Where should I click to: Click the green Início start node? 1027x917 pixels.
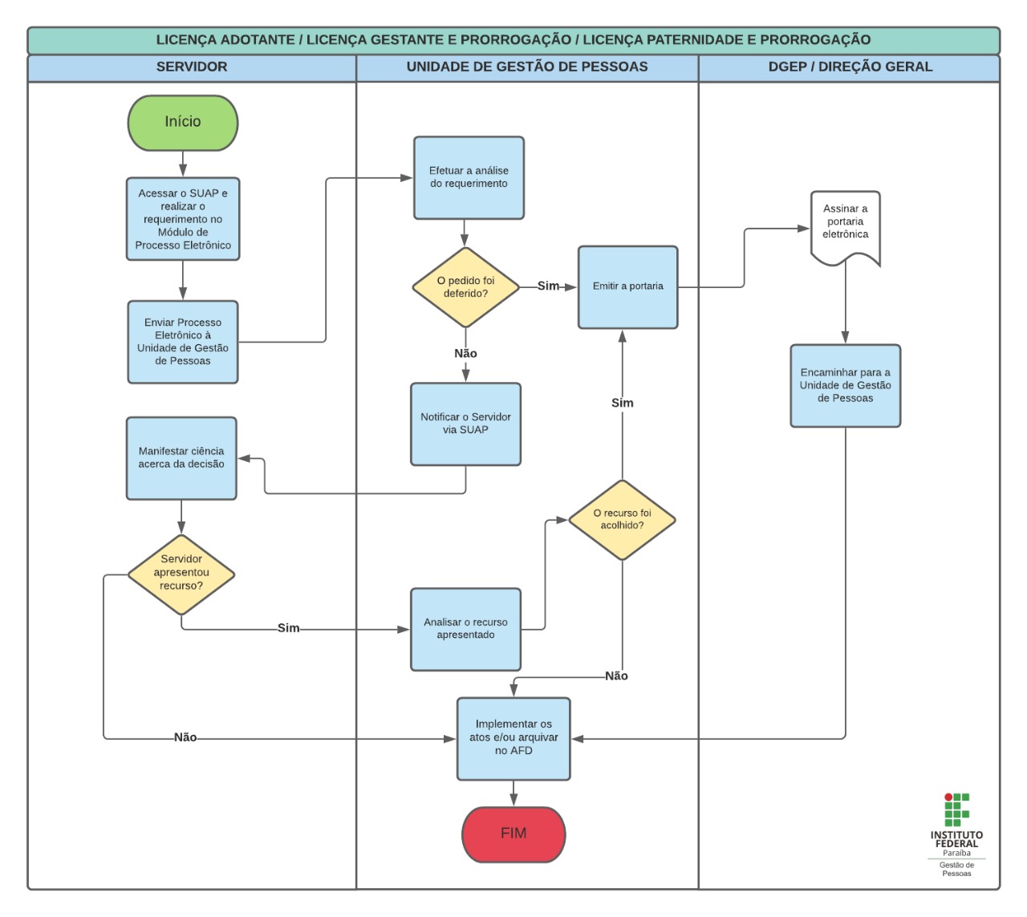[183, 123]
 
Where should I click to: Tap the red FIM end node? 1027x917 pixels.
[513, 834]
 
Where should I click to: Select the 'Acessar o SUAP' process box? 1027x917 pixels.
[183, 219]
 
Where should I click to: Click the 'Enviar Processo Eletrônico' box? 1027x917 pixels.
[183, 343]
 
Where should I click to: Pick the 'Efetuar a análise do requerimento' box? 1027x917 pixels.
[469, 178]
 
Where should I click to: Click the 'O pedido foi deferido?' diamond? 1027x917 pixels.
[465, 287]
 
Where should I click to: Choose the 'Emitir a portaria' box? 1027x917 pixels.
[627, 287]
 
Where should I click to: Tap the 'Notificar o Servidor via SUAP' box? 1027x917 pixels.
[465, 424]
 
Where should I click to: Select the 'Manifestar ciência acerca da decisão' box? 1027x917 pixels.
[181, 458]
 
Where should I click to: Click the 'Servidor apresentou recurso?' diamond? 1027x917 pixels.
[181, 573]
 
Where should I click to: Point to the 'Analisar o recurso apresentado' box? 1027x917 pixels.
[465, 629]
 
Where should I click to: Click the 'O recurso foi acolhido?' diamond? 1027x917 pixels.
[622, 520]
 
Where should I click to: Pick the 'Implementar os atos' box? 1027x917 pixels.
[513, 738]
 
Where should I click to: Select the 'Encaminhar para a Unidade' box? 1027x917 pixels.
[845, 386]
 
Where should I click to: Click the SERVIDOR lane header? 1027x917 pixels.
[192, 67]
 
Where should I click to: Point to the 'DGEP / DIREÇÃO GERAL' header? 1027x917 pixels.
[850, 67]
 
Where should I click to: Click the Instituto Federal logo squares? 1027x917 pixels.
[956, 809]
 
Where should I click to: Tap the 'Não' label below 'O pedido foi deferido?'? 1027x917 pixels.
[465, 354]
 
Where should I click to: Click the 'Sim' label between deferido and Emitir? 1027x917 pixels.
[548, 286]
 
